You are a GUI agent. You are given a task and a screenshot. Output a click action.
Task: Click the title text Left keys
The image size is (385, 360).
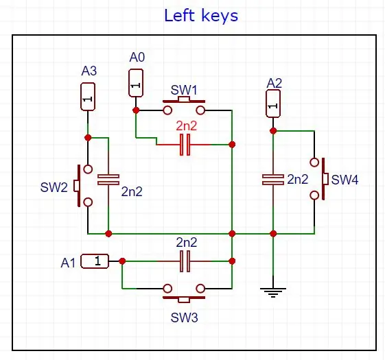coord(201,16)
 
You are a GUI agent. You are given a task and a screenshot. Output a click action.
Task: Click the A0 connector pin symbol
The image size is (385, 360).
coord(136,83)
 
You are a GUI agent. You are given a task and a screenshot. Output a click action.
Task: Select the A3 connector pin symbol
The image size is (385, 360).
coord(88,97)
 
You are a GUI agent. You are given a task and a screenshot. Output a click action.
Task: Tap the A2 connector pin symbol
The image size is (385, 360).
coord(273,104)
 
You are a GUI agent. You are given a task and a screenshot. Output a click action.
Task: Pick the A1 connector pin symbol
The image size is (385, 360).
coord(95,261)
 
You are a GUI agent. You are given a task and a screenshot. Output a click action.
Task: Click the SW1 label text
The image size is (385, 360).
coord(184,90)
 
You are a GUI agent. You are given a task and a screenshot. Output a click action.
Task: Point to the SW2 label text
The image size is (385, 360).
coord(54,187)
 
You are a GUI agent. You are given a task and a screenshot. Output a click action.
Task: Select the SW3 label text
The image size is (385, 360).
coord(184,317)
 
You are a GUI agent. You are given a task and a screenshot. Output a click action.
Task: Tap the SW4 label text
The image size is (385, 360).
coord(345,180)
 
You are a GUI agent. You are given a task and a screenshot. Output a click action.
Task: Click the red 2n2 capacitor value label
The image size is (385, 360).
coord(187,126)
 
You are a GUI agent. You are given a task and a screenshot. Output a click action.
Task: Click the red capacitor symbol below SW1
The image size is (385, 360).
coord(185,145)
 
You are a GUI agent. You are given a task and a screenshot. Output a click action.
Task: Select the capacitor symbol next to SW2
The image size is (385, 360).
coord(108,180)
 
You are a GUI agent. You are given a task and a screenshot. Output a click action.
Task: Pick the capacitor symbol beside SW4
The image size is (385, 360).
coord(273,180)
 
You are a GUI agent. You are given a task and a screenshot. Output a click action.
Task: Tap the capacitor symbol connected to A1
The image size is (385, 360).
coord(185,261)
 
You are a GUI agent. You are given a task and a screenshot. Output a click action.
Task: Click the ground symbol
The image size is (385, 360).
coord(273,292)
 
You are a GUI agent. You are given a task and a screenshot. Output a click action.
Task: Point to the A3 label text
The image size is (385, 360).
coord(89,71)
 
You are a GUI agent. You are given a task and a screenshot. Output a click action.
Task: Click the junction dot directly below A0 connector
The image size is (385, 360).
coord(136,110)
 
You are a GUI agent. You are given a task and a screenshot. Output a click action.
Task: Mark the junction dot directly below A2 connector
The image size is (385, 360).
coord(273,131)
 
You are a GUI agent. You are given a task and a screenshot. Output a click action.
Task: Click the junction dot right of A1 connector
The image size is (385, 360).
coord(122,261)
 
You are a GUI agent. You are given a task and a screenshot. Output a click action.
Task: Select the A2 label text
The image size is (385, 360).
coord(275,84)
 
